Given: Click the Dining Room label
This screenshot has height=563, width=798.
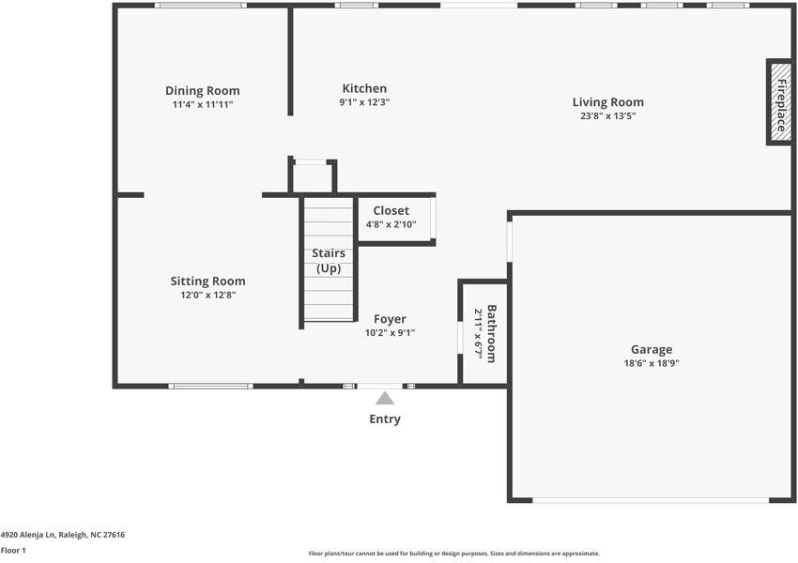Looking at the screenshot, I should [202, 91].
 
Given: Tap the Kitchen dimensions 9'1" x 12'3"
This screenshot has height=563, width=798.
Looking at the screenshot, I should [364, 102].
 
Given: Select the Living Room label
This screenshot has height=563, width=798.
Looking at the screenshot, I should [608, 102].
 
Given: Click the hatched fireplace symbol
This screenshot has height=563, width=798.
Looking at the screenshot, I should [779, 102].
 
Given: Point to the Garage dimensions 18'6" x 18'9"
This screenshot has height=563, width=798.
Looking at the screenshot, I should [652, 363].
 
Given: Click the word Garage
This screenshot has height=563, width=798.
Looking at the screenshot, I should [652, 350].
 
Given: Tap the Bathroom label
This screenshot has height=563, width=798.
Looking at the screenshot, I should [490, 333].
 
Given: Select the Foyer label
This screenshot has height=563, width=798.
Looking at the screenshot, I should [390, 319].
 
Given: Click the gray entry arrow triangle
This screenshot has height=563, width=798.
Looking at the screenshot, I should [385, 398].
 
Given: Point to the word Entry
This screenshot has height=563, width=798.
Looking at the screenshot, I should [385, 419].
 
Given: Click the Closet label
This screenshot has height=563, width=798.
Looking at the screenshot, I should [391, 211].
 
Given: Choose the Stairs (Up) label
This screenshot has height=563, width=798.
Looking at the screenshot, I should [329, 261].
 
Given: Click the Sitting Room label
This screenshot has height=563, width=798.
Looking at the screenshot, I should [207, 281].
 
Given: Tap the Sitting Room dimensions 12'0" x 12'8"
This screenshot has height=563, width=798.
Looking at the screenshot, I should [207, 295].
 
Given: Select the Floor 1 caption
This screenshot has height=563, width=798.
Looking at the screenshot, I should [13, 551].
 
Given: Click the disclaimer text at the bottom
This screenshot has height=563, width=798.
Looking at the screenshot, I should [453, 554].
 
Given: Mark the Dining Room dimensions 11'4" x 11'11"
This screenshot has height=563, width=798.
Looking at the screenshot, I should [202, 104].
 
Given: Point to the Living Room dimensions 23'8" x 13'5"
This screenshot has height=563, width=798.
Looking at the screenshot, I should [608, 116].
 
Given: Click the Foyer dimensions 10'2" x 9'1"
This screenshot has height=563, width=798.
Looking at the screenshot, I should [390, 332].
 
